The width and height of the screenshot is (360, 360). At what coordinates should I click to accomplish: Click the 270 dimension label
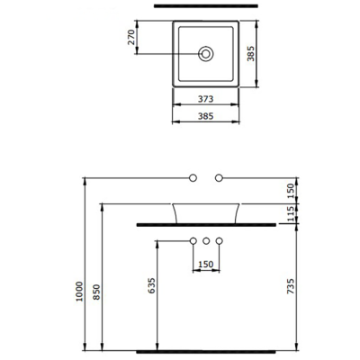pyautogui.click(x=132, y=37)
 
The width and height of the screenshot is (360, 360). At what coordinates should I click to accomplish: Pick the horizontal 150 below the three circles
pyautogui.click(x=207, y=265)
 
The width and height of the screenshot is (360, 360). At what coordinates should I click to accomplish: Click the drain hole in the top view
pyautogui.click(x=207, y=54)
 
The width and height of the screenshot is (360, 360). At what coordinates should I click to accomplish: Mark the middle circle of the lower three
pyautogui.click(x=207, y=241)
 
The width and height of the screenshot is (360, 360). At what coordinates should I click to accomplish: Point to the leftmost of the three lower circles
pyautogui.click(x=193, y=241)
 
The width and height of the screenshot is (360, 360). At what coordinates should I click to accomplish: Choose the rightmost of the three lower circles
pyautogui.click(x=220, y=241)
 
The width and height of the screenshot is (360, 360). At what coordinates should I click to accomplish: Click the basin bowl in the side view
pyautogui.click(x=207, y=211)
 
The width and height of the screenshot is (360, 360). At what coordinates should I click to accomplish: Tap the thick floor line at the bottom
pyautogui.click(x=207, y=350)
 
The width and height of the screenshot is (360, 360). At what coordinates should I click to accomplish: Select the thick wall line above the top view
pyautogui.click(x=207, y=7)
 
